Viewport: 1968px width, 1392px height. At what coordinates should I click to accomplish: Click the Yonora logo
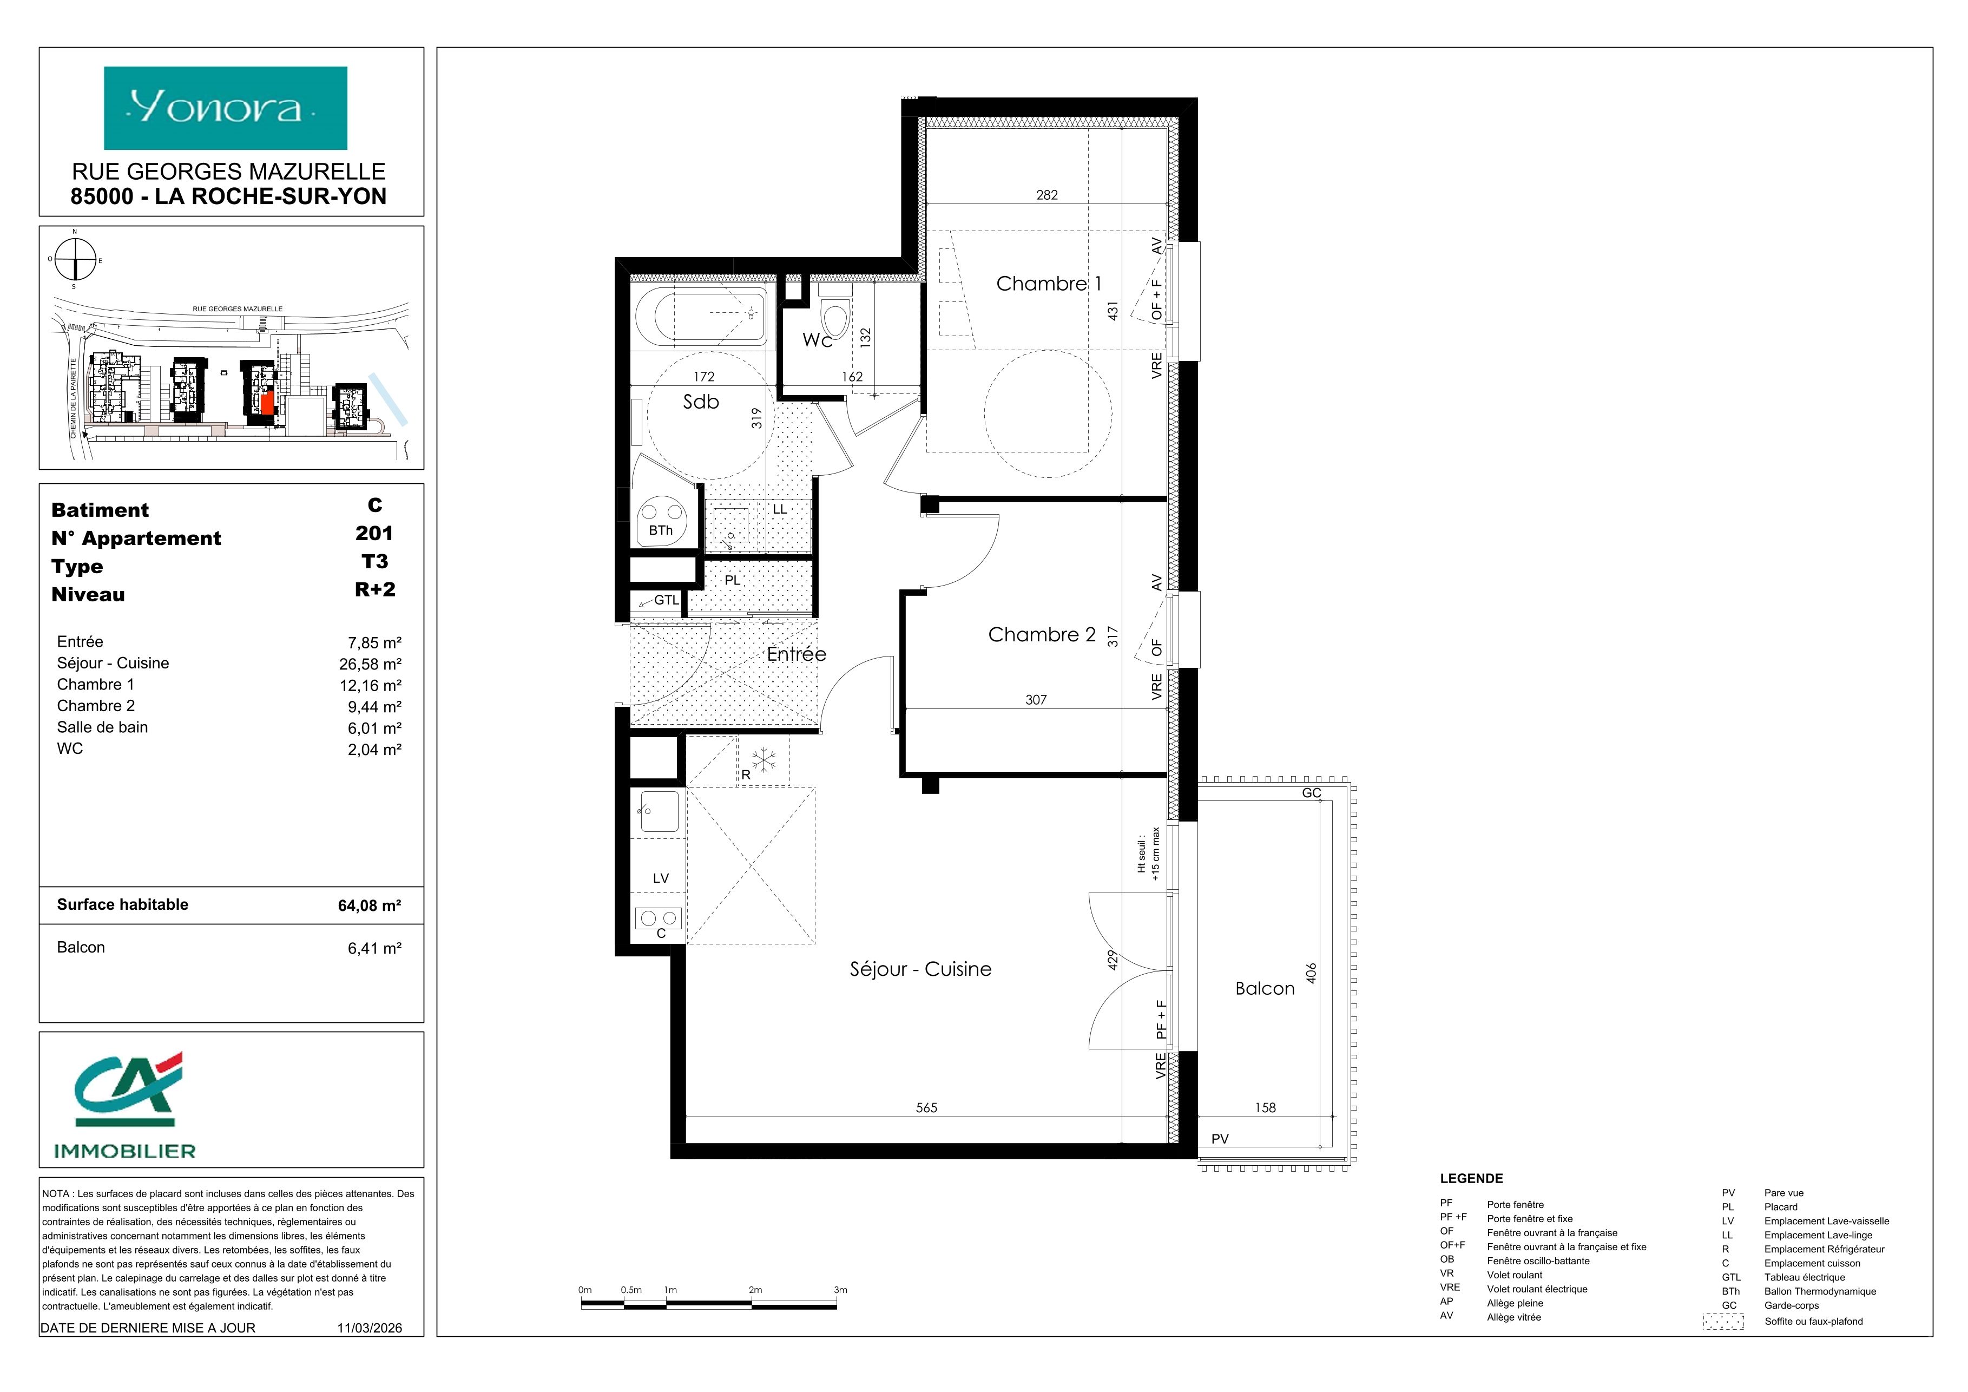pos(226,108)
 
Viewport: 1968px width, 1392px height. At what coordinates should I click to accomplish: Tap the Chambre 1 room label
pos(1048,284)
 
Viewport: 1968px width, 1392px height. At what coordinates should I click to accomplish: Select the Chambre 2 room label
pos(1042,635)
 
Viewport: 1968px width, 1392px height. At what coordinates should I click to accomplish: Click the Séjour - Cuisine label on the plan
pos(920,969)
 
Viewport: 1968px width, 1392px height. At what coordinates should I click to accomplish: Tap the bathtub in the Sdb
pos(700,318)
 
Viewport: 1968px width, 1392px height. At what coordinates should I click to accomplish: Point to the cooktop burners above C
pos(659,919)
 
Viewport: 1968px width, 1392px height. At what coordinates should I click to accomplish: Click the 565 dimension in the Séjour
pos(926,1107)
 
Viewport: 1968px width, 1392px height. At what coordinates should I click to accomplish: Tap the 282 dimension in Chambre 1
pos(1046,195)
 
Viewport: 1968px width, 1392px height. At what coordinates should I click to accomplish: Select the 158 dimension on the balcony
pos(1265,1107)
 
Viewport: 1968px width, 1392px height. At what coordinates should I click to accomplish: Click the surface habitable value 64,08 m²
pos(370,905)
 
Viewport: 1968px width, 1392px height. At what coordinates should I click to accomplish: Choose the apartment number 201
pos(374,533)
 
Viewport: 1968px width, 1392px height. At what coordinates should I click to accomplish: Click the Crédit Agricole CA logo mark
pos(129,1089)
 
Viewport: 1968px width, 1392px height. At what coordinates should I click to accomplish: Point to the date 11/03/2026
pos(370,1328)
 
